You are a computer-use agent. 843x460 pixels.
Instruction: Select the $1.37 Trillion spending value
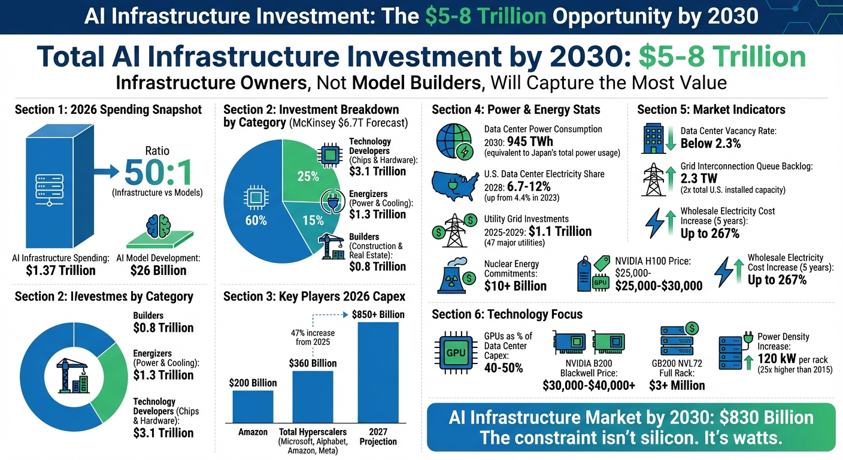click(60, 271)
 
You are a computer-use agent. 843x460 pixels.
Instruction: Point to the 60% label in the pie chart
click(256, 220)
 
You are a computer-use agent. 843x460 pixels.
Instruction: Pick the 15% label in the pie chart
click(313, 220)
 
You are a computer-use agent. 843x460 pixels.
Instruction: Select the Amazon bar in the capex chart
click(253, 407)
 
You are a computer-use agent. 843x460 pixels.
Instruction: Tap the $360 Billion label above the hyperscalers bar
click(313, 363)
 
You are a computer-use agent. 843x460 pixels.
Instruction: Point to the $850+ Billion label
click(378, 314)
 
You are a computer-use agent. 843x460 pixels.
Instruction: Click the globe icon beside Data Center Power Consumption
click(454, 142)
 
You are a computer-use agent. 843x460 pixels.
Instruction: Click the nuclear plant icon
click(455, 275)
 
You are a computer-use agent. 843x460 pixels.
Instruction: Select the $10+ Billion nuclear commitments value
click(515, 286)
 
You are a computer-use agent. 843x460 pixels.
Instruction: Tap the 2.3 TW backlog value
click(698, 178)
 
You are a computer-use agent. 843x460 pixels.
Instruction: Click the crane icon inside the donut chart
click(71, 376)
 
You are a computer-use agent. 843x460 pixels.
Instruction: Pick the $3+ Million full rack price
click(678, 385)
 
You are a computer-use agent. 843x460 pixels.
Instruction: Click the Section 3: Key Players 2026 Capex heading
click(314, 296)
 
